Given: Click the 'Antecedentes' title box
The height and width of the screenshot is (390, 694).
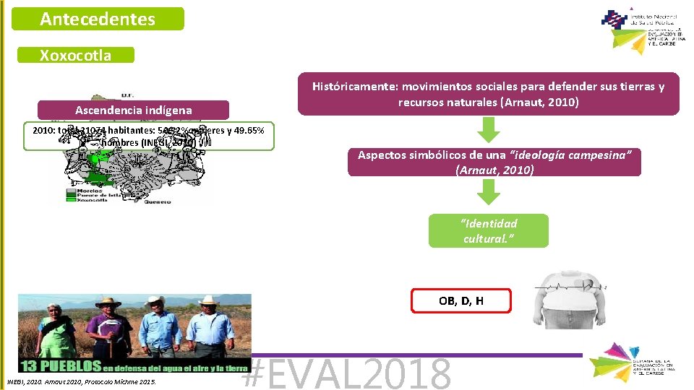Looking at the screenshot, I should pyautogui.click(x=98, y=19).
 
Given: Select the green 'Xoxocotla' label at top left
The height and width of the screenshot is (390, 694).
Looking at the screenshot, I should pyautogui.click(x=85, y=56).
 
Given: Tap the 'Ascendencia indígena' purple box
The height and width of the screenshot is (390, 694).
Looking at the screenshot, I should pyautogui.click(x=134, y=110).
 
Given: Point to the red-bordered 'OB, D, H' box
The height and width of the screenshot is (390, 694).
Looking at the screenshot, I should pyautogui.click(x=460, y=300).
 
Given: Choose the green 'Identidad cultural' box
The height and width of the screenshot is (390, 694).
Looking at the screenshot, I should pyautogui.click(x=489, y=231).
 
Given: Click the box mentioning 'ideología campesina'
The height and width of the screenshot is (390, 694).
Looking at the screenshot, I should pyautogui.click(x=494, y=162).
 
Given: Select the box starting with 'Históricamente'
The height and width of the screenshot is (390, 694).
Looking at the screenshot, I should pyautogui.click(x=489, y=94).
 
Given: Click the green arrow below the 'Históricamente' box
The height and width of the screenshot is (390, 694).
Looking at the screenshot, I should pyautogui.click(x=489, y=130).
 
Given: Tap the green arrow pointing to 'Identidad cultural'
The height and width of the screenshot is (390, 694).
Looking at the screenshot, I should pyautogui.click(x=489, y=193).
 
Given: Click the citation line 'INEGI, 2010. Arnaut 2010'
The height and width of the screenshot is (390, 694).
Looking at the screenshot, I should pyautogui.click(x=81, y=381).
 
